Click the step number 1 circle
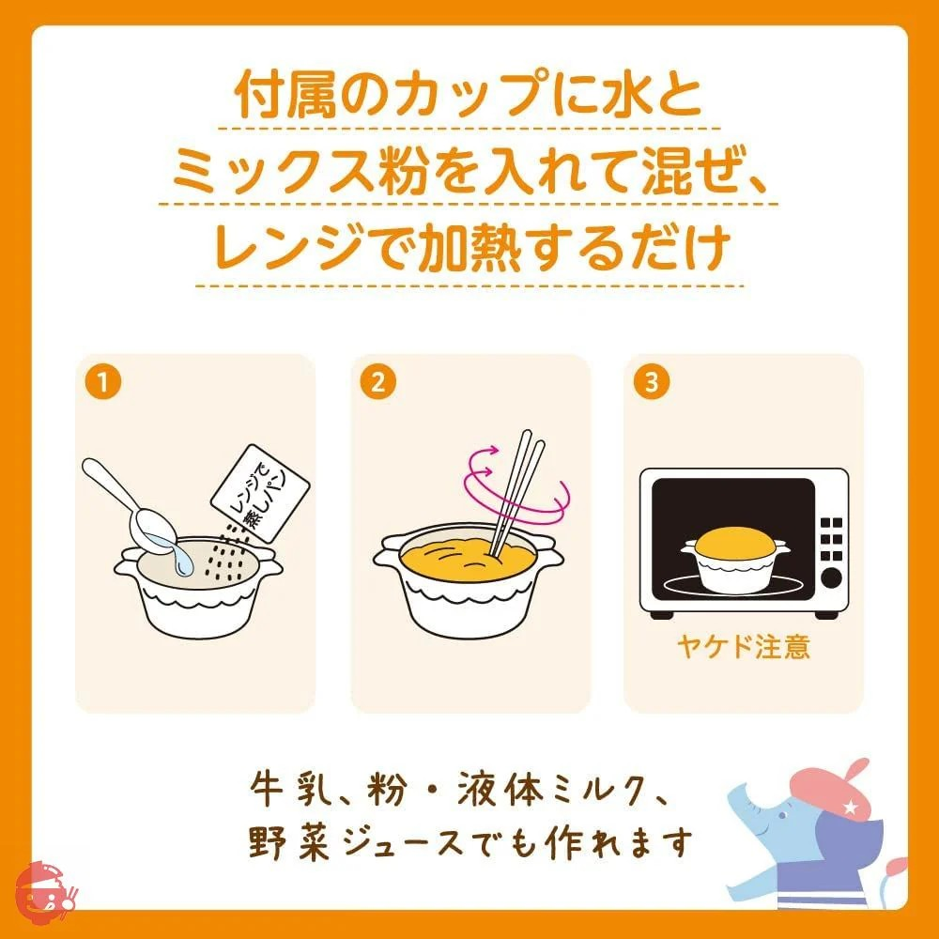click(103, 382)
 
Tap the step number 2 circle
click(377, 382)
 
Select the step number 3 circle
click(652, 382)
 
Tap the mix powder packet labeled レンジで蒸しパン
click(260, 494)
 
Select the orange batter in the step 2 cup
click(466, 560)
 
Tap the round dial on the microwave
click(831, 577)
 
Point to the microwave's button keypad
click(831, 539)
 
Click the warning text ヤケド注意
click(743, 647)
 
